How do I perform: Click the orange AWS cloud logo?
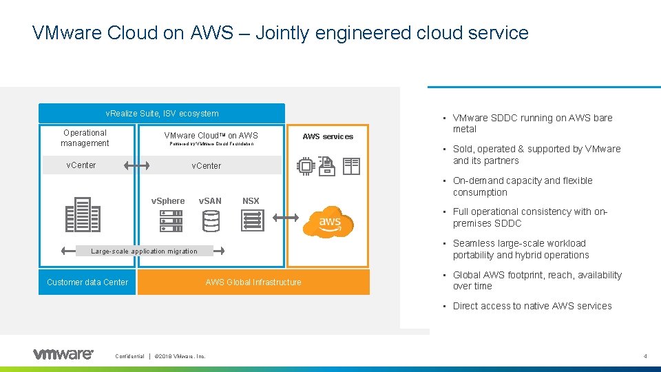330,220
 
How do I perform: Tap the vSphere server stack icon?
171,220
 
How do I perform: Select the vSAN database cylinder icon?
211,220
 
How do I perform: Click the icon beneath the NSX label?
252,220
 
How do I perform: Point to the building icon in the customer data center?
83,214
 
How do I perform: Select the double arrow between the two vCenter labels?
138,165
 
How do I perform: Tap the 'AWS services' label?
328,136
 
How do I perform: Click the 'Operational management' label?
85,138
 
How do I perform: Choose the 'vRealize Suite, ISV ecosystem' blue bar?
162,114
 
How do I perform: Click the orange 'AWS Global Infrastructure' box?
253,282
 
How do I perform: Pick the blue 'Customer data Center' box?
87,282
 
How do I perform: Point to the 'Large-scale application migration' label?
144,251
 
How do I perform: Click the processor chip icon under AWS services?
305,166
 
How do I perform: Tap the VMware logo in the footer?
63,354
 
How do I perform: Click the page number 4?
645,356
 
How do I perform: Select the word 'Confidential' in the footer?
129,356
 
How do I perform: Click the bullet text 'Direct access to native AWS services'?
532,306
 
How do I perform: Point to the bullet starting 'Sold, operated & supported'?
536,154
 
